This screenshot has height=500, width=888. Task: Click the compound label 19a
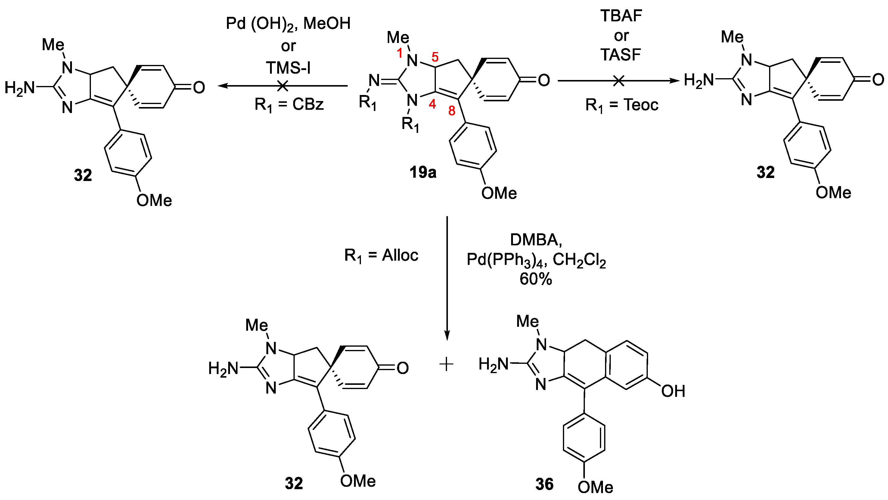423,172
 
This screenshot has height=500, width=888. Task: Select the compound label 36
544,484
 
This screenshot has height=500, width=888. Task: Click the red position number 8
452,111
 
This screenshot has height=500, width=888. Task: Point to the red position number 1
399,54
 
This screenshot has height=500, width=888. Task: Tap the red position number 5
435,57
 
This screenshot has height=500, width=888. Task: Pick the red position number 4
432,104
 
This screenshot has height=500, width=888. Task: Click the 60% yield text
536,279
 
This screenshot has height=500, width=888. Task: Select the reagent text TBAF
621,16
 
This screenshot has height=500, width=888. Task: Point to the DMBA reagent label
536,240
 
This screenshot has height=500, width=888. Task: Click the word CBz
308,104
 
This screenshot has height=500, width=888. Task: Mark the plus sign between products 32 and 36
446,364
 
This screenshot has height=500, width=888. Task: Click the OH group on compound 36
673,391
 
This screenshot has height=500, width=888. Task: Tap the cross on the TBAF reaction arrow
619,81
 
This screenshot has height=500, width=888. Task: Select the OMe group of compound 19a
499,193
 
